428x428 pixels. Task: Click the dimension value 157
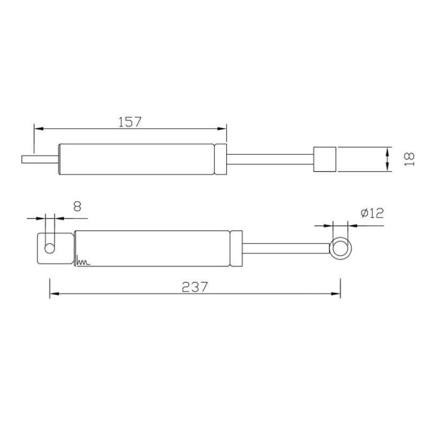pyautogui.click(x=130, y=122)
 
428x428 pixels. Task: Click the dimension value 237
pyautogui.click(x=194, y=287)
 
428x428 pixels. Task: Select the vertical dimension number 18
pyautogui.click(x=410, y=159)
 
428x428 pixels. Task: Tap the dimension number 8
pyautogui.click(x=77, y=207)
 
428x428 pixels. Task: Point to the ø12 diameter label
pyautogui.click(x=372, y=213)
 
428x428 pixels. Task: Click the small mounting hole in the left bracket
pyautogui.click(x=50, y=249)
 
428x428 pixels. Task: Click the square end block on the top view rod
pyautogui.click(x=325, y=159)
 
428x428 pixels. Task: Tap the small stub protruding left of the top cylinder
pyautogui.click(x=40, y=159)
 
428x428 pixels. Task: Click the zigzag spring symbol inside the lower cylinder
pyautogui.click(x=83, y=260)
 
